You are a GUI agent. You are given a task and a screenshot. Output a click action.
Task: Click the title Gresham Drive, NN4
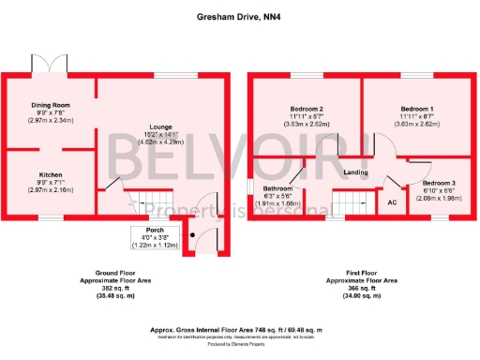[238, 16]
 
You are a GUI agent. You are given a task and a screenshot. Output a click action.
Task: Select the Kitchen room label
[50, 173]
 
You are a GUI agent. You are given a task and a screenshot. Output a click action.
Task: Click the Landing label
[355, 172]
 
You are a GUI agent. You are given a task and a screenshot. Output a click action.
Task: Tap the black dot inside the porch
[192, 234]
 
